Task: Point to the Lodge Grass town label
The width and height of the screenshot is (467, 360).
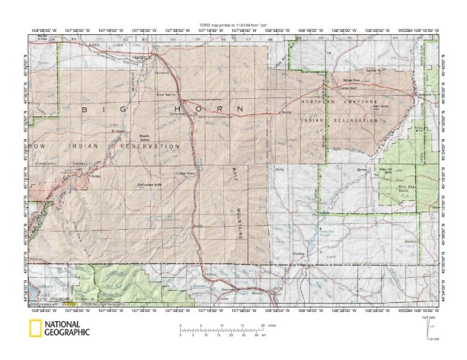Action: (x=187, y=174)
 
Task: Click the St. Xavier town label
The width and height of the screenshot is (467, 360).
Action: (x=118, y=130)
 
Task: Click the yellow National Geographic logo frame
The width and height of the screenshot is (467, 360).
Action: (x=34, y=329)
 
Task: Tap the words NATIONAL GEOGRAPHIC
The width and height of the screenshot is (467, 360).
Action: (x=67, y=329)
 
